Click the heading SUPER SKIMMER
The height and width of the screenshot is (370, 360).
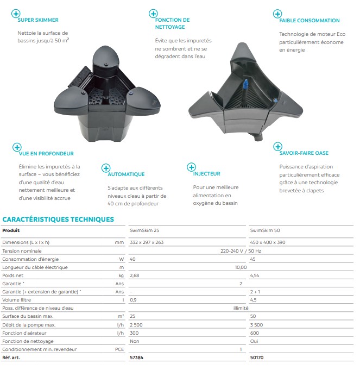coord(37,20)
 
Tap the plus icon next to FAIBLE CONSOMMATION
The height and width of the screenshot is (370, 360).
coord(277,14)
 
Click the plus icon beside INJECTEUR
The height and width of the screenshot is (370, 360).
coord(191,167)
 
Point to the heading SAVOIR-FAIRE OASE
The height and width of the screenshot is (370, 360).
coord(304,153)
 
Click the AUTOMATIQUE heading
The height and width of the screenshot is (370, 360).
coord(126,174)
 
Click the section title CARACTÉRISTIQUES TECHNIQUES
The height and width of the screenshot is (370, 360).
coord(58,220)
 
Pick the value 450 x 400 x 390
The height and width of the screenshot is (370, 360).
coord(268,242)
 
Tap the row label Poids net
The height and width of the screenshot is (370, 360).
coord(16,275)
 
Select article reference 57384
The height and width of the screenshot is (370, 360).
coord(137,358)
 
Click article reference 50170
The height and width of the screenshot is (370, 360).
coord(257,358)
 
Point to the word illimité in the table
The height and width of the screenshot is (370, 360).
coord(241,308)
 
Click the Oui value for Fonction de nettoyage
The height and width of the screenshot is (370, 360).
coord(254,341)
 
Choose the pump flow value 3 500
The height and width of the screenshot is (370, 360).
coord(257,325)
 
